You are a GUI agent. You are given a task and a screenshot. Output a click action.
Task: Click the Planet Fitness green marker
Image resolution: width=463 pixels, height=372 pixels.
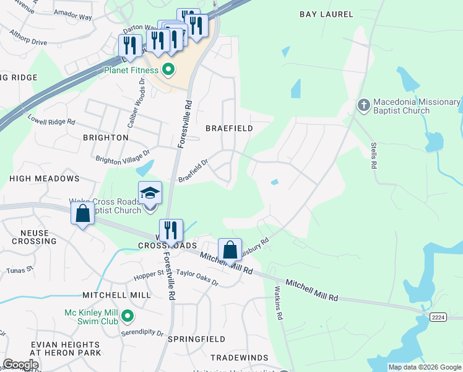[167, 69]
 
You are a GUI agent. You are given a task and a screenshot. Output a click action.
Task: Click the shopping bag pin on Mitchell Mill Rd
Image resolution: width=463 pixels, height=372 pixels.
[230, 250]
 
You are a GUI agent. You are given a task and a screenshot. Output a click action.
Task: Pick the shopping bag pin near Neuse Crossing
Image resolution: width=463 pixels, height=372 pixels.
[82, 213]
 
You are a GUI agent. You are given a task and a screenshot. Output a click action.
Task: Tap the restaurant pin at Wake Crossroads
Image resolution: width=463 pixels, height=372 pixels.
[170, 231]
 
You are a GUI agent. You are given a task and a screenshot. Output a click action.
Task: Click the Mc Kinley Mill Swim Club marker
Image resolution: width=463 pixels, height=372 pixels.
[128, 316]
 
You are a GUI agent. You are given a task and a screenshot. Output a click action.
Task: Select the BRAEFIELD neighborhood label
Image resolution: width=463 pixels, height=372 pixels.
[229, 128]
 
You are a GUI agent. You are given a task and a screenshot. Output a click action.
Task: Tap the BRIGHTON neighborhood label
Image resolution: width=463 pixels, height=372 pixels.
[105, 138]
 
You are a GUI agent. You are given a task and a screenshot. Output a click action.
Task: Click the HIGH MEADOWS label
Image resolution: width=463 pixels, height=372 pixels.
[45, 179]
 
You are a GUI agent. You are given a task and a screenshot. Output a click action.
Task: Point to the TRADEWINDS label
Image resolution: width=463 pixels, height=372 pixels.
[239, 358]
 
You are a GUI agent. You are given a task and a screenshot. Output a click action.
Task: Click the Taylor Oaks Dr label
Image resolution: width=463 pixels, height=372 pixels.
[197, 277]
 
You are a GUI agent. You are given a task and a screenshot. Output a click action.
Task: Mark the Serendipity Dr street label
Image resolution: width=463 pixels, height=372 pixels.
[143, 333]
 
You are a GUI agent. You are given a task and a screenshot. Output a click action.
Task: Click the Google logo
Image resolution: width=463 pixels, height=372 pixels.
[20, 365]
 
